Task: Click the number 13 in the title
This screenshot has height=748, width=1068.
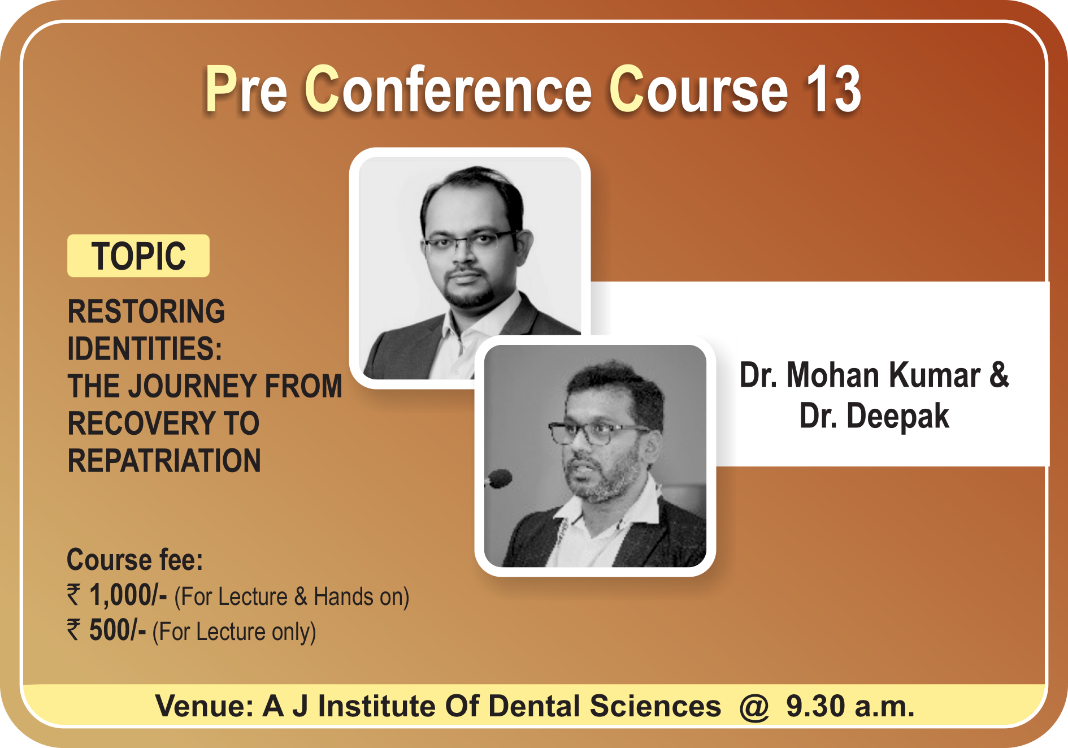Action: click(x=833, y=89)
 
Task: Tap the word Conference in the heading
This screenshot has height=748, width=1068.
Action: click(x=448, y=89)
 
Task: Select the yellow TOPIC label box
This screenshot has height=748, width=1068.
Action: click(x=138, y=256)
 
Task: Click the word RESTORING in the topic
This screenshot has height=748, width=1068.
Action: click(x=146, y=312)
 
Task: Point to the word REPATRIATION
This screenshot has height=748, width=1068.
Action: click(x=164, y=460)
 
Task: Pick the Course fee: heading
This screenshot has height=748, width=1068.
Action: click(x=135, y=560)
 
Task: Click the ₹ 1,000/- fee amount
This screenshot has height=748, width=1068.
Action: click(x=117, y=595)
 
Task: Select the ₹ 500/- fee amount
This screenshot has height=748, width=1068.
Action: click(x=106, y=630)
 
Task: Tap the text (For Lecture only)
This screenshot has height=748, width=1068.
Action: click(x=234, y=632)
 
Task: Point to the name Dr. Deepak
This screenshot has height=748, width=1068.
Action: click(x=874, y=417)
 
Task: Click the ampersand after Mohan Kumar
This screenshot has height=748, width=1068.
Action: click(x=999, y=374)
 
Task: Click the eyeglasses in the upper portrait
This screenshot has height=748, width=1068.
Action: click(x=469, y=241)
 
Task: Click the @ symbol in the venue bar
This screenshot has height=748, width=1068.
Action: click(x=754, y=707)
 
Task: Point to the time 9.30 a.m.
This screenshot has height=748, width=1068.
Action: click(x=850, y=706)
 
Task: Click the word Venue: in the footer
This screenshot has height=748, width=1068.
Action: click(x=205, y=706)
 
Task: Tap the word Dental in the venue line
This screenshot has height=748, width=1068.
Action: click(x=534, y=706)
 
